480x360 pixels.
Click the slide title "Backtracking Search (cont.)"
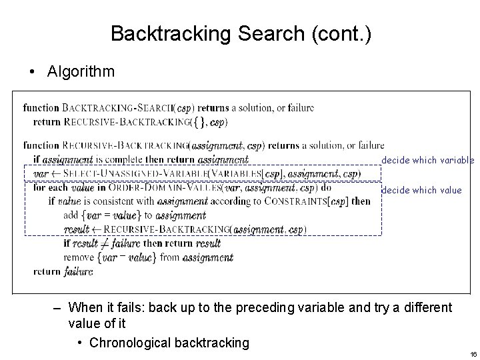[240, 33]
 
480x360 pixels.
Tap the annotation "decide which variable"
[427, 160]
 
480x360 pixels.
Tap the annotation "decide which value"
[421, 190]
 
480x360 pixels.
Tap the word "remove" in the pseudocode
[78, 257]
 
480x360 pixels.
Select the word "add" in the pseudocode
[71, 216]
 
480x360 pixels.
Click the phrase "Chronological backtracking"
[169, 343]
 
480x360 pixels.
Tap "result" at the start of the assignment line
[77, 230]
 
